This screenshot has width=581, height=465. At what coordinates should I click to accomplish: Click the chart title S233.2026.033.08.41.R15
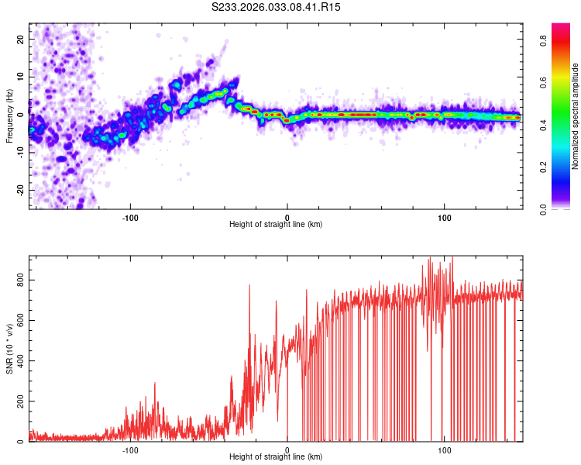click(x=277, y=7)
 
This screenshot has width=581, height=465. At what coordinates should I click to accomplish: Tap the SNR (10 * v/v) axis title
click(x=9, y=349)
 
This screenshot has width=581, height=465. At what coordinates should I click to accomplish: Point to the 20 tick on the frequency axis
click(x=21, y=39)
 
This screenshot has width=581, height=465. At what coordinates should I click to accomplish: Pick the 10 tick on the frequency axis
click(x=21, y=77)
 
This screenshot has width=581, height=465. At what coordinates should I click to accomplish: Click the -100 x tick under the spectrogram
click(x=129, y=217)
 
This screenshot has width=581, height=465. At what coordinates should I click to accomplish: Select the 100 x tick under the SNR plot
click(x=445, y=450)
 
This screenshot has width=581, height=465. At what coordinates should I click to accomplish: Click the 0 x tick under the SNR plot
click(x=287, y=450)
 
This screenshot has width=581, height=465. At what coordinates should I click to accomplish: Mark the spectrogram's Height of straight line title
click(x=276, y=225)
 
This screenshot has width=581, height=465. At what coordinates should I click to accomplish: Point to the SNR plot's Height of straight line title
click(x=276, y=458)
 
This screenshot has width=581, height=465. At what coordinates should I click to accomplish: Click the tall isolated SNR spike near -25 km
click(x=249, y=286)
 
